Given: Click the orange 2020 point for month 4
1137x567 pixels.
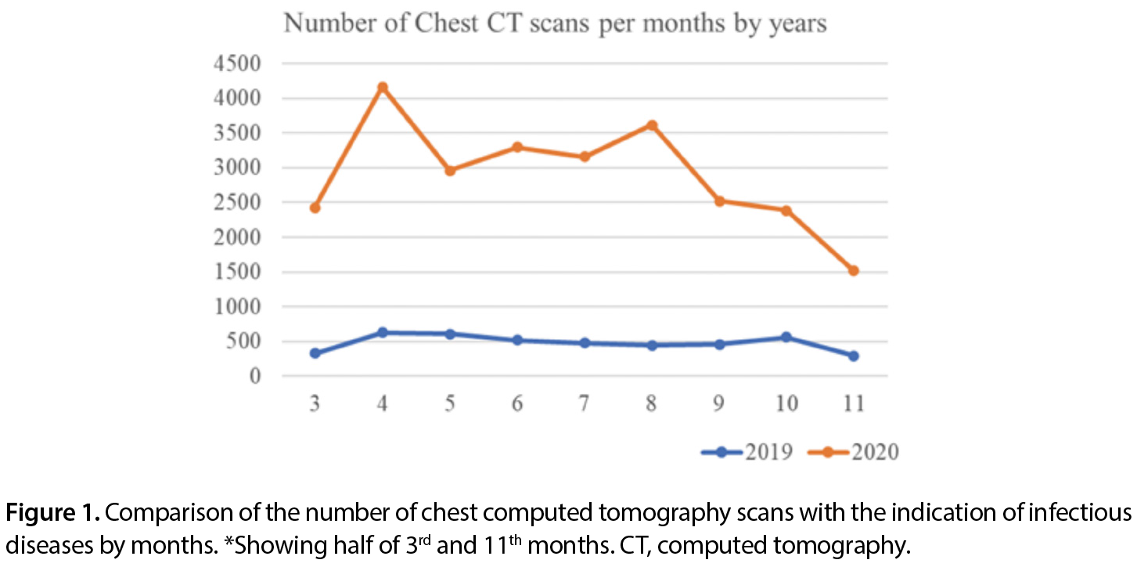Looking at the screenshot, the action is tap(383, 88).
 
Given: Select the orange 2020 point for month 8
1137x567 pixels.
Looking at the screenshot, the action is tap(653, 125).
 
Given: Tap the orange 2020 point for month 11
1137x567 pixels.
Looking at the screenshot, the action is tap(853, 271).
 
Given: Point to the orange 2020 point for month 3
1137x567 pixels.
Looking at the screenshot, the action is tap(315, 208).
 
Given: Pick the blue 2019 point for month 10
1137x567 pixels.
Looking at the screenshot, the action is tap(786, 337).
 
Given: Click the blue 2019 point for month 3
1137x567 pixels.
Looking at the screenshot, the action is tap(315, 353).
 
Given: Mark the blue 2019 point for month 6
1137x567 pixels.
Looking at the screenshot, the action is tap(517, 341).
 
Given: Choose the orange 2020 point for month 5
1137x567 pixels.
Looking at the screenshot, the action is tap(450, 171).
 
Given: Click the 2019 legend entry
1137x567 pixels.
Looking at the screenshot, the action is tap(747, 452).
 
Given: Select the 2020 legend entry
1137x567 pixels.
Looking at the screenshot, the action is tap(853, 452).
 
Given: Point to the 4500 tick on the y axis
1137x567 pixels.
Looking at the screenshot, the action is tap(237, 64).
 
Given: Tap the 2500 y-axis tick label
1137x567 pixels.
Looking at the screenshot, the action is tap(237, 203).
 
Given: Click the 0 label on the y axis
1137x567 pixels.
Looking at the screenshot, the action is tap(255, 377).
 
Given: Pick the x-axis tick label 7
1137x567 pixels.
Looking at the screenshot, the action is tap(585, 403).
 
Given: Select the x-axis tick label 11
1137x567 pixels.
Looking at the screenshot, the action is tap(854, 403).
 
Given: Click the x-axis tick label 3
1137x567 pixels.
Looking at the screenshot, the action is tap(315, 403).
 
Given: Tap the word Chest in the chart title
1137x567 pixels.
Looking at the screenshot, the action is tap(446, 23).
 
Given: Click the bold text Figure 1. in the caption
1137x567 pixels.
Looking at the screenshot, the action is tap(52, 512).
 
